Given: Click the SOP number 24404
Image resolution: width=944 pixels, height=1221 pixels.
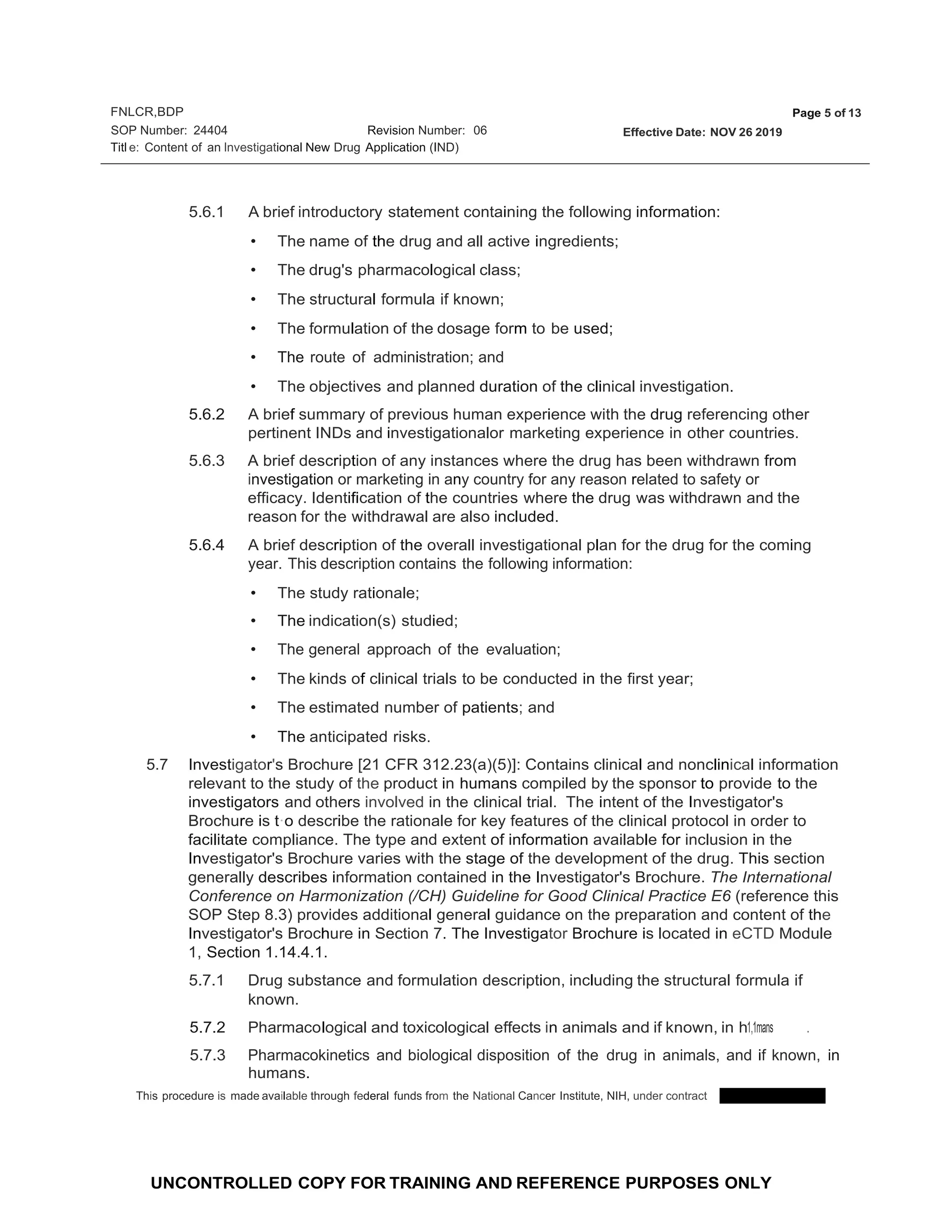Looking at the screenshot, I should (210, 131).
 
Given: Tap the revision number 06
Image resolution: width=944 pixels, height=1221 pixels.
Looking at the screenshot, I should (480, 131).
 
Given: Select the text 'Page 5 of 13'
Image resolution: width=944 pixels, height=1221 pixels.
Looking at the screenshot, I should (826, 113).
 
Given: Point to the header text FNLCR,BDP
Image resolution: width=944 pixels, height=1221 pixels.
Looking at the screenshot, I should (147, 112).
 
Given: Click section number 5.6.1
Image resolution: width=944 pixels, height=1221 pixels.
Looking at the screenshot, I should (206, 212).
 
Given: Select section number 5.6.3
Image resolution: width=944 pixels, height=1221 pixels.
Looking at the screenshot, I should (206, 461).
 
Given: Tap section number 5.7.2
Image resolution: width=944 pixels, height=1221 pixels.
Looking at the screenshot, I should (207, 1027).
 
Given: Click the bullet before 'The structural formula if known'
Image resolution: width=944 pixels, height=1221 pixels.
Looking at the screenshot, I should (254, 299).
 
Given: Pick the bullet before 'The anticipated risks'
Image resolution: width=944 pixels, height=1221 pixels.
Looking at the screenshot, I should (254, 737).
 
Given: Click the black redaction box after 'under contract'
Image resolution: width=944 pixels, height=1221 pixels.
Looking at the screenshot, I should (772, 1096).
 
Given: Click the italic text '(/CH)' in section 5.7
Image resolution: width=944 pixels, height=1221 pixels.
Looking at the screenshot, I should (427, 896).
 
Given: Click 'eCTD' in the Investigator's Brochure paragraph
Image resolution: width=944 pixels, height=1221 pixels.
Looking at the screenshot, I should (753, 933).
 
